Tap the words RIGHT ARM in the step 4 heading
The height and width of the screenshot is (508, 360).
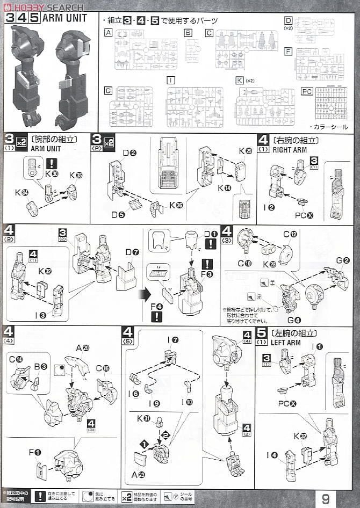point(291,150)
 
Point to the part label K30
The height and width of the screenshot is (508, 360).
point(52,175)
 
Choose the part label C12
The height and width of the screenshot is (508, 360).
point(290,234)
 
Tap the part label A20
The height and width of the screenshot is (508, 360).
point(82,348)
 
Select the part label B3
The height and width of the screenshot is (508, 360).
point(41,367)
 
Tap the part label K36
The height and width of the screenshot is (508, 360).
point(176,205)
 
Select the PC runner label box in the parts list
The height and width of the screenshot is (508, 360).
point(306,91)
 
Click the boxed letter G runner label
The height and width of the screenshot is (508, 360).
point(109,92)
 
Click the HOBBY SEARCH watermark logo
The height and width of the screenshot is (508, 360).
point(43,7)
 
